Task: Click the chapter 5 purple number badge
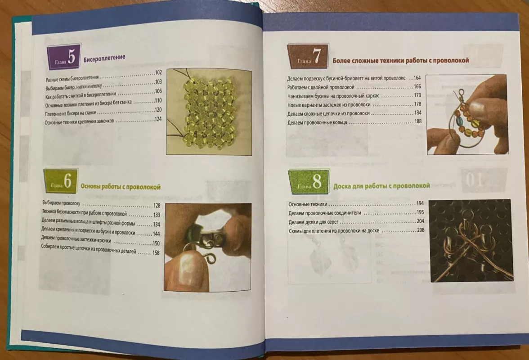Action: [x=64, y=57]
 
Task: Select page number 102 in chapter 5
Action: [x=158, y=72]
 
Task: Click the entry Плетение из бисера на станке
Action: [x=71, y=113]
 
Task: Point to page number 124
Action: [x=158, y=119]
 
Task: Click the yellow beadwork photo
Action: [x=209, y=112]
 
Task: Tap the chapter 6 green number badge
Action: [x=61, y=181]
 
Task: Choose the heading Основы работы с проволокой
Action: [x=121, y=187]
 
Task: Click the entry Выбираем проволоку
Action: [x=61, y=203]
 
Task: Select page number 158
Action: [x=156, y=253]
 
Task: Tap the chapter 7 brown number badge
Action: [x=308, y=56]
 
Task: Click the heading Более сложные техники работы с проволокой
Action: [x=401, y=60]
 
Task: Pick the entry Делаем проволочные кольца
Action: [x=317, y=122]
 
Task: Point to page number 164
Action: [x=417, y=78]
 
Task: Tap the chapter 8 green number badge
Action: [x=309, y=182]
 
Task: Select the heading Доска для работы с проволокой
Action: [x=381, y=186]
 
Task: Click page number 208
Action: [x=421, y=230]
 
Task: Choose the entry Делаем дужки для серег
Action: [x=314, y=222]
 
